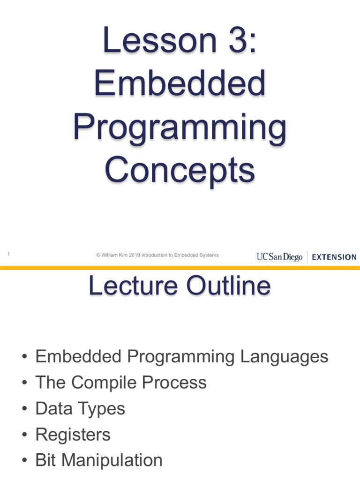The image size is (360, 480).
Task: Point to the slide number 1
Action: (9, 254)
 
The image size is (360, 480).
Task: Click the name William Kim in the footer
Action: (115, 255)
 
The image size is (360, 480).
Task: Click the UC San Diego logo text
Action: (279, 257)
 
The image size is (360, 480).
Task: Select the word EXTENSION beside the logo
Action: (334, 257)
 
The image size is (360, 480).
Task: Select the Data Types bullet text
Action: (80, 409)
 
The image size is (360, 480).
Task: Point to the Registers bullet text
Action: (73, 435)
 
